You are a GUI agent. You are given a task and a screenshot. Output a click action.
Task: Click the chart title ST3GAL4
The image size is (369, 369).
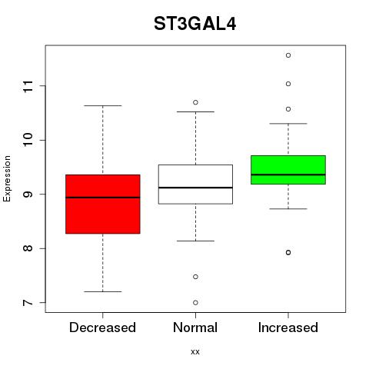coord(194,24)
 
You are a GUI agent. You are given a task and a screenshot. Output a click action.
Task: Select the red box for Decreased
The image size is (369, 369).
coord(103,204)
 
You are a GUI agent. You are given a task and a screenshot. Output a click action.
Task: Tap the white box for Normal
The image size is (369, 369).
coord(195,184)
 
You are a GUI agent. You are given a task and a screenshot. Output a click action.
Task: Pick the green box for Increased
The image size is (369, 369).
coord(288,170)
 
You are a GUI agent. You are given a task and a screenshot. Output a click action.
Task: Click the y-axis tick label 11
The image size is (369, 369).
coord(28,86)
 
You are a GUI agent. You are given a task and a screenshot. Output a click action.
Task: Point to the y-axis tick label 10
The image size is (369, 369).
coord(28,140)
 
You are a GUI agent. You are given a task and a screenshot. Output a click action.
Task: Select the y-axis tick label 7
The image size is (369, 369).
coord(28,303)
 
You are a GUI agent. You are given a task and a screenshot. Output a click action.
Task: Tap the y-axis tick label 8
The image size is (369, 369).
coord(28,248)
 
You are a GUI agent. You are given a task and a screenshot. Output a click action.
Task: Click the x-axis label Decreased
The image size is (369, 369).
coord(102,327)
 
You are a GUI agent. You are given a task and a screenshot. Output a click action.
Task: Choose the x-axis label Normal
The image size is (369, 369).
coord(195,327)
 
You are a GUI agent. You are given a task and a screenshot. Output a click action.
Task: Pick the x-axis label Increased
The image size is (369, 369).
coord(288,327)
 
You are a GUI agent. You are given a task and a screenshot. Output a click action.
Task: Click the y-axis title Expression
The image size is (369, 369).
coord(7,178)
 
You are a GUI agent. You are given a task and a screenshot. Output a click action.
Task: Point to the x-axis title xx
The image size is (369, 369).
coord(195,352)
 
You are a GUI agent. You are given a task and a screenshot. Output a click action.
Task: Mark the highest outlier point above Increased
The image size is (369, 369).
coord(288,55)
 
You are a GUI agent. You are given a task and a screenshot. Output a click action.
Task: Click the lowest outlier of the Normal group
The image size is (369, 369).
coord(195,303)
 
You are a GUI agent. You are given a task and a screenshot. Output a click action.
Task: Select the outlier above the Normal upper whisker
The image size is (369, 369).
coord(195,102)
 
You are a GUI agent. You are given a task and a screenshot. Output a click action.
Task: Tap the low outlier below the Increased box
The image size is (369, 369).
coord(288,252)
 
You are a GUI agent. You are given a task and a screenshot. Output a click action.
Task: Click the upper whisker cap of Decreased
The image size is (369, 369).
coord(103,105)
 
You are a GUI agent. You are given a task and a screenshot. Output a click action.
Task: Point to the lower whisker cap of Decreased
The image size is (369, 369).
coord(103,291)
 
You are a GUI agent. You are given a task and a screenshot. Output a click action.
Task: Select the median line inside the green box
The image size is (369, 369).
coord(288,175)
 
